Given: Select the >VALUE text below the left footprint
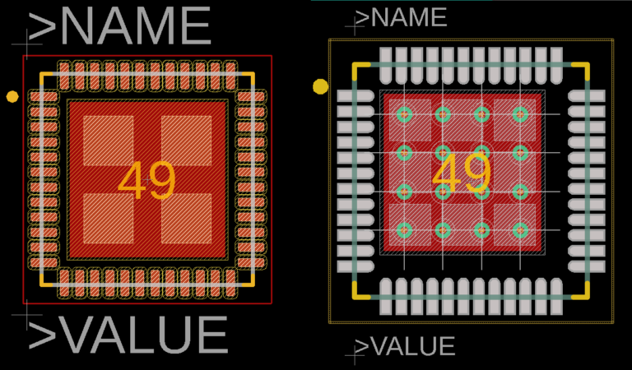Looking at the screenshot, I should point(128,335).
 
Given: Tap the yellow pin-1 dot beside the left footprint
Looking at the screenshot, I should point(12,97).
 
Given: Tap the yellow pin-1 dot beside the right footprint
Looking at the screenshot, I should point(321,86).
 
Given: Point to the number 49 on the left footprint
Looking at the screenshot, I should point(146,181).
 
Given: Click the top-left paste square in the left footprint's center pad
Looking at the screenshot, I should point(108,140).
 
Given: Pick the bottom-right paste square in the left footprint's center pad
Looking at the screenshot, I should point(186,219).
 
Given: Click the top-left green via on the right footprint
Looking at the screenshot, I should point(404,114).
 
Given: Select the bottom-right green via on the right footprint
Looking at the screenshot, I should point(520,230).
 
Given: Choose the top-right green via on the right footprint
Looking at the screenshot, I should point(520,114).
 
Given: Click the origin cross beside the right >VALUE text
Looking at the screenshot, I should point(355,353).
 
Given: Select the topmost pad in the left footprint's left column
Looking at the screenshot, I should point(44,97).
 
